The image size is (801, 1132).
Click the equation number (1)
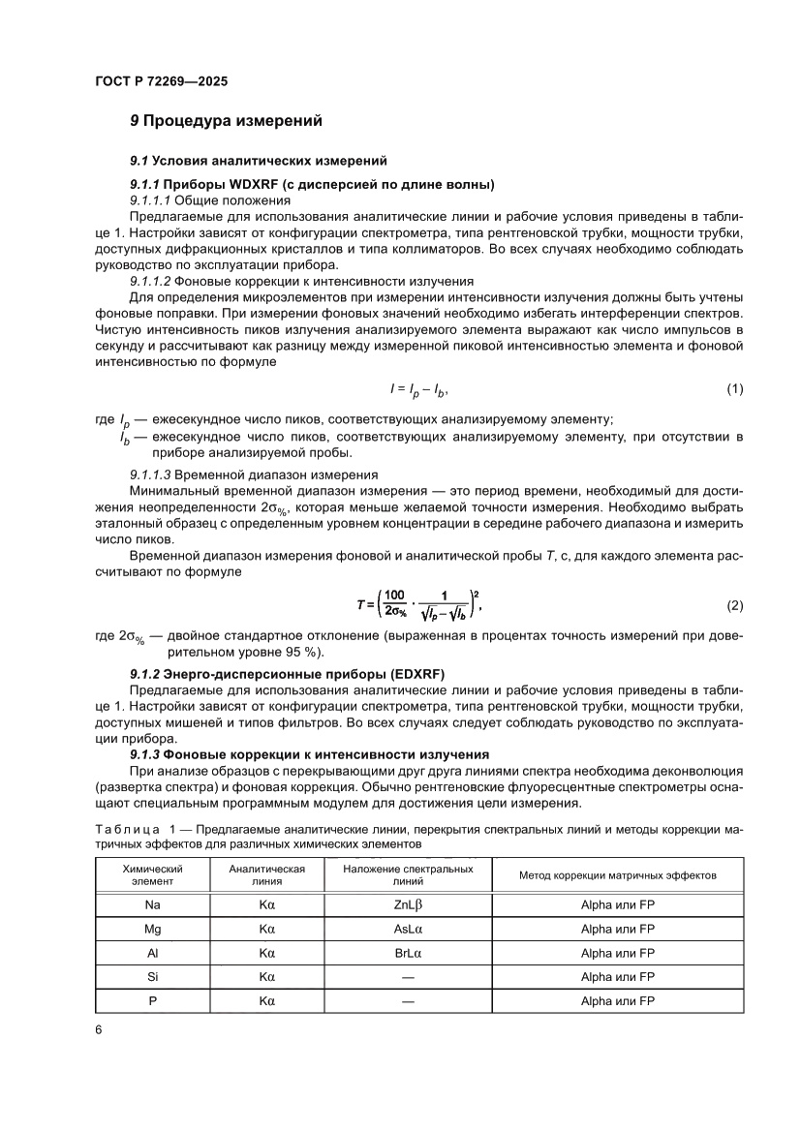tap(734, 389)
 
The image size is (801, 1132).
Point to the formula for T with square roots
tap(418, 605)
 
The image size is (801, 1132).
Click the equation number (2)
tap(734, 606)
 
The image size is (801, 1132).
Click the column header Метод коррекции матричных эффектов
tap(617, 875)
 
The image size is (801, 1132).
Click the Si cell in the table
tap(152, 977)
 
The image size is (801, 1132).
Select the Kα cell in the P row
tap(267, 1001)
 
